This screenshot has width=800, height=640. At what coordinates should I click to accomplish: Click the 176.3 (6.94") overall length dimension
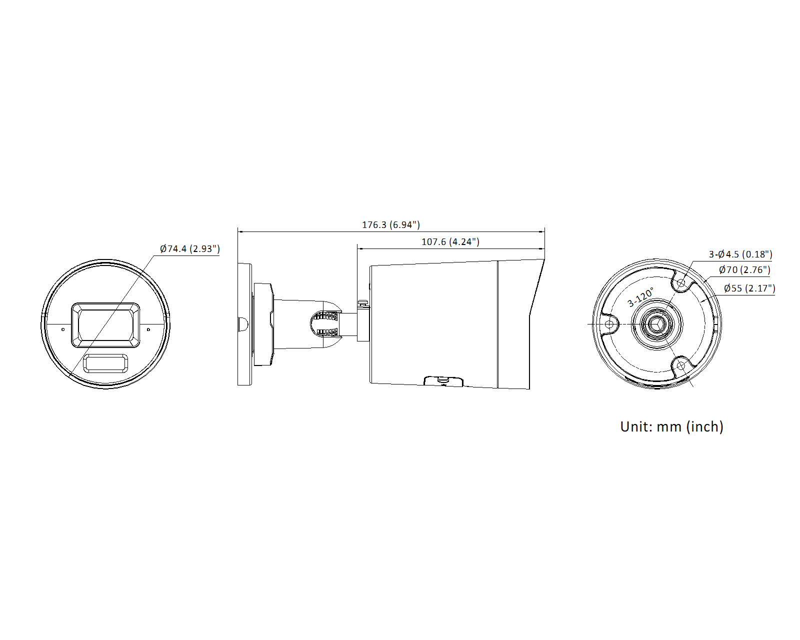390,225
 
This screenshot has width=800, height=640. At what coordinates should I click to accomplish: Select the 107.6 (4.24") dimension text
450,242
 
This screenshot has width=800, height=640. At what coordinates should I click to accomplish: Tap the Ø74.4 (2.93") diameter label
189,249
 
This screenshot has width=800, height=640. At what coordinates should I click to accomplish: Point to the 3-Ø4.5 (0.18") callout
740,254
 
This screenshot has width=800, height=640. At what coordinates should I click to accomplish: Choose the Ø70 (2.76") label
744,270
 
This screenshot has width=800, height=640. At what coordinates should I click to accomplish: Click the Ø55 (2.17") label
749,288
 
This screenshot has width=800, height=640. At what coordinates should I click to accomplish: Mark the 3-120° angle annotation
640,297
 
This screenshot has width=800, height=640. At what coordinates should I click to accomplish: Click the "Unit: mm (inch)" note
671,426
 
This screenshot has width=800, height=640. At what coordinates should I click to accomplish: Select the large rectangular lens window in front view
105,325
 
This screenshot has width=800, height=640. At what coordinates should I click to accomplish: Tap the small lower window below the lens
105,363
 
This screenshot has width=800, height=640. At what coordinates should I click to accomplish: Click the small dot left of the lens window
63,329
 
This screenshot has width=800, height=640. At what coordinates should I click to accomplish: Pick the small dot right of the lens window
148,329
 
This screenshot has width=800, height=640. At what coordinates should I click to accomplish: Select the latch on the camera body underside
443,381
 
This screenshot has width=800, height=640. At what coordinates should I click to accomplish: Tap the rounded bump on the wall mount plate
243,324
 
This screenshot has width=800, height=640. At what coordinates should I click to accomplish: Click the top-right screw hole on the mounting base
681,283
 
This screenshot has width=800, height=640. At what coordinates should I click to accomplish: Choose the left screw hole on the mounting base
609,324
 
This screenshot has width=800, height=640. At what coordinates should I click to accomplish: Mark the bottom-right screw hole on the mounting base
680,366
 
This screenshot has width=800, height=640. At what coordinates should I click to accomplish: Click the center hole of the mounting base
656,324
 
